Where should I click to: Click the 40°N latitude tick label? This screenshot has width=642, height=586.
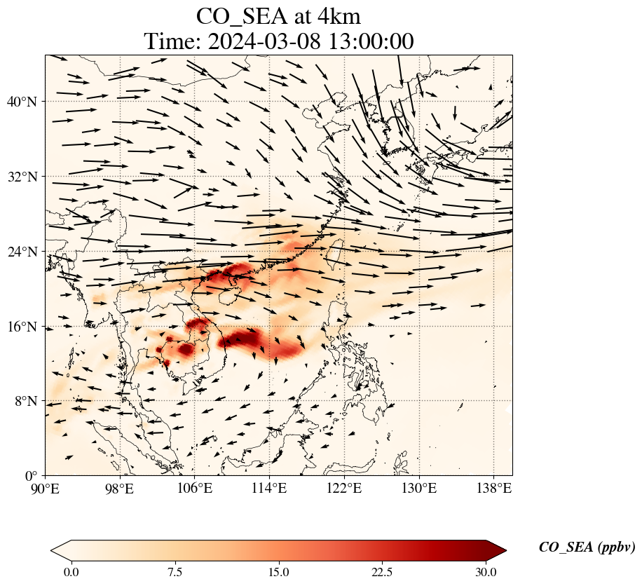tap(22, 102)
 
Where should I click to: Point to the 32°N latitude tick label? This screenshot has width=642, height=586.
tap(22, 177)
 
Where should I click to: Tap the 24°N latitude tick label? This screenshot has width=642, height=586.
tap(22, 252)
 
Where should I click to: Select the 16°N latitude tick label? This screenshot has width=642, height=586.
tap(22, 327)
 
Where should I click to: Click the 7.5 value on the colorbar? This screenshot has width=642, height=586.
tap(175, 572)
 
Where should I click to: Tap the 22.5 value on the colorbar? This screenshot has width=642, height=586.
tap(382, 572)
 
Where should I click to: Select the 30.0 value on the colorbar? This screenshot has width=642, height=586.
tap(486, 572)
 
